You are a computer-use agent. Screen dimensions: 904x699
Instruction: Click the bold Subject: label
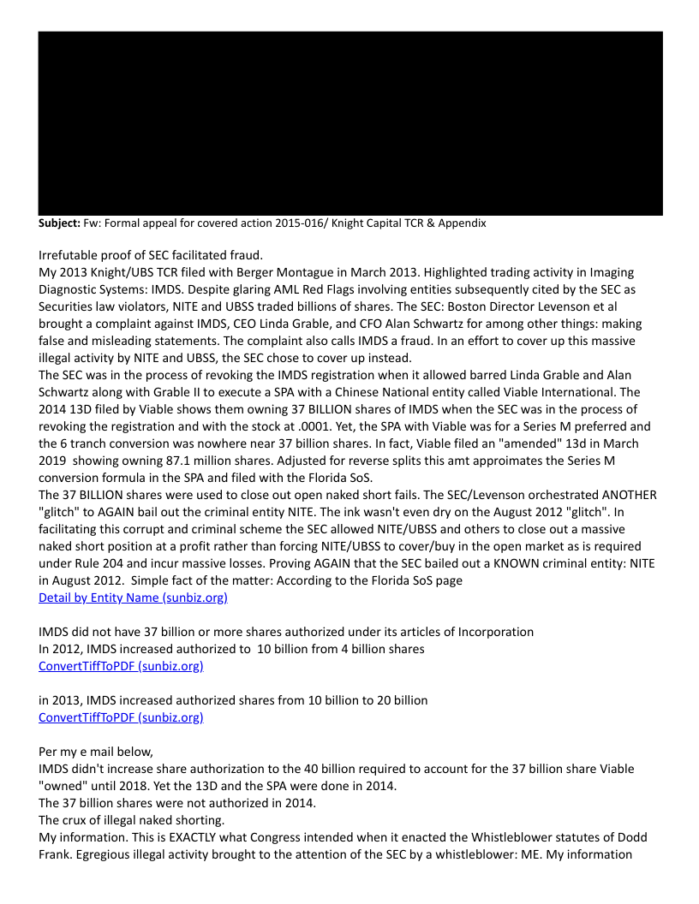tap(59, 223)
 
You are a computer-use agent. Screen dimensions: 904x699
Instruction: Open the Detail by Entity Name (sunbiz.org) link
tap(133, 598)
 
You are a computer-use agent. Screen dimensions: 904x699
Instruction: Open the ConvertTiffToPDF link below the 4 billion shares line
tap(121, 666)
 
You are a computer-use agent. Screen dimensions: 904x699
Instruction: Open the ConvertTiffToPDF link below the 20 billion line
tap(121, 717)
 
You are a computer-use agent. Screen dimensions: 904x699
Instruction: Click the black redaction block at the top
tap(349, 123)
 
